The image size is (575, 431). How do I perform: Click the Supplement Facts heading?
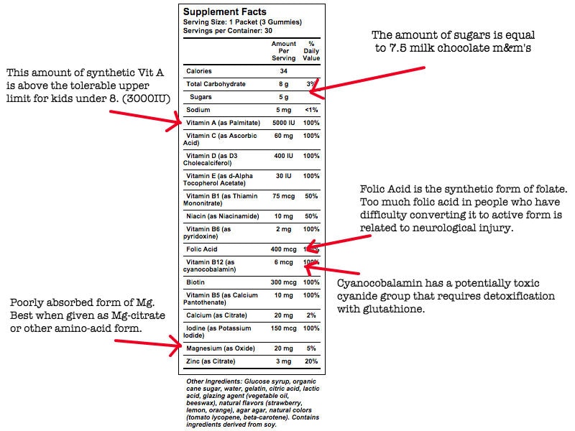click(x=224, y=12)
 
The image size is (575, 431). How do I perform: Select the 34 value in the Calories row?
click(x=284, y=71)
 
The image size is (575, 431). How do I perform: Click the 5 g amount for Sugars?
click(x=284, y=96)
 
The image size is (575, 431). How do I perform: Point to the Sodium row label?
click(x=198, y=110)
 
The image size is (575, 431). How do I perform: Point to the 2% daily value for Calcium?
click(x=311, y=314)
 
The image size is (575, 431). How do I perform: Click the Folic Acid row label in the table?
click(x=203, y=249)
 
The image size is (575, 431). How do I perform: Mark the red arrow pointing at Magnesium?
click(x=147, y=343)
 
